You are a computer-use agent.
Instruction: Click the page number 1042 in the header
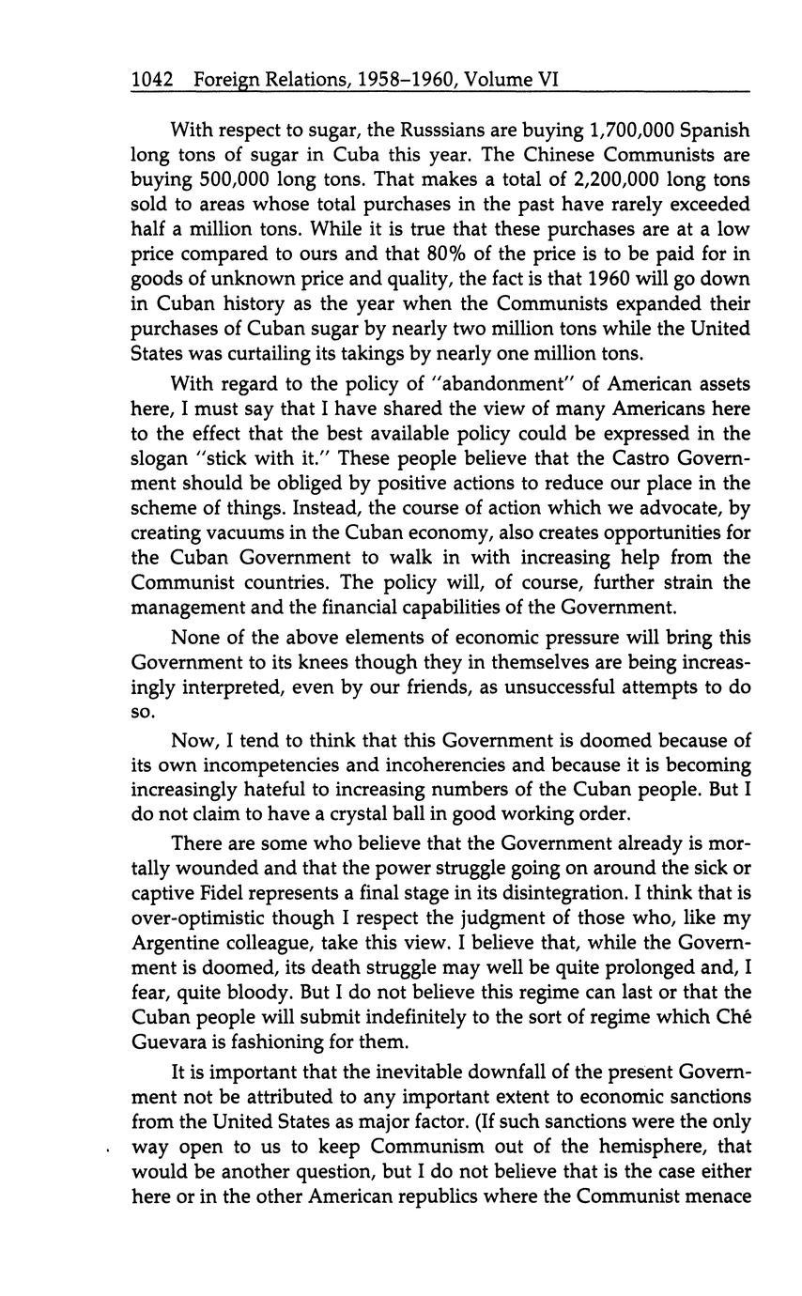click(x=153, y=81)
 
